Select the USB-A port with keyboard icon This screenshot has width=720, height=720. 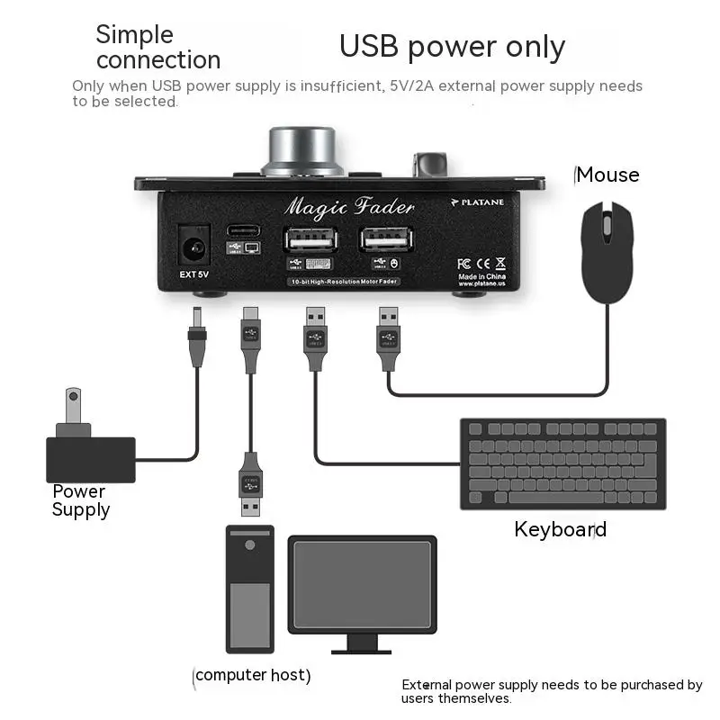310,239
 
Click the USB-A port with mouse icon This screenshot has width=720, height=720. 387,239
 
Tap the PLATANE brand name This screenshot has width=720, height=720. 489,203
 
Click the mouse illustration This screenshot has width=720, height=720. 607,251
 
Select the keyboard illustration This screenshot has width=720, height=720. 562,463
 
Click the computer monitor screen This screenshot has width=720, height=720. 362,585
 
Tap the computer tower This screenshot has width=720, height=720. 249,589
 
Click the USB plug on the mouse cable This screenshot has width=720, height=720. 388,337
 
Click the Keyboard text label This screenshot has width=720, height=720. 560,529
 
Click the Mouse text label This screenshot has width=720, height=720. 607,175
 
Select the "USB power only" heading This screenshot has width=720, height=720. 452,47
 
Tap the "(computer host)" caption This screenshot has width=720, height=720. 252,675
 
